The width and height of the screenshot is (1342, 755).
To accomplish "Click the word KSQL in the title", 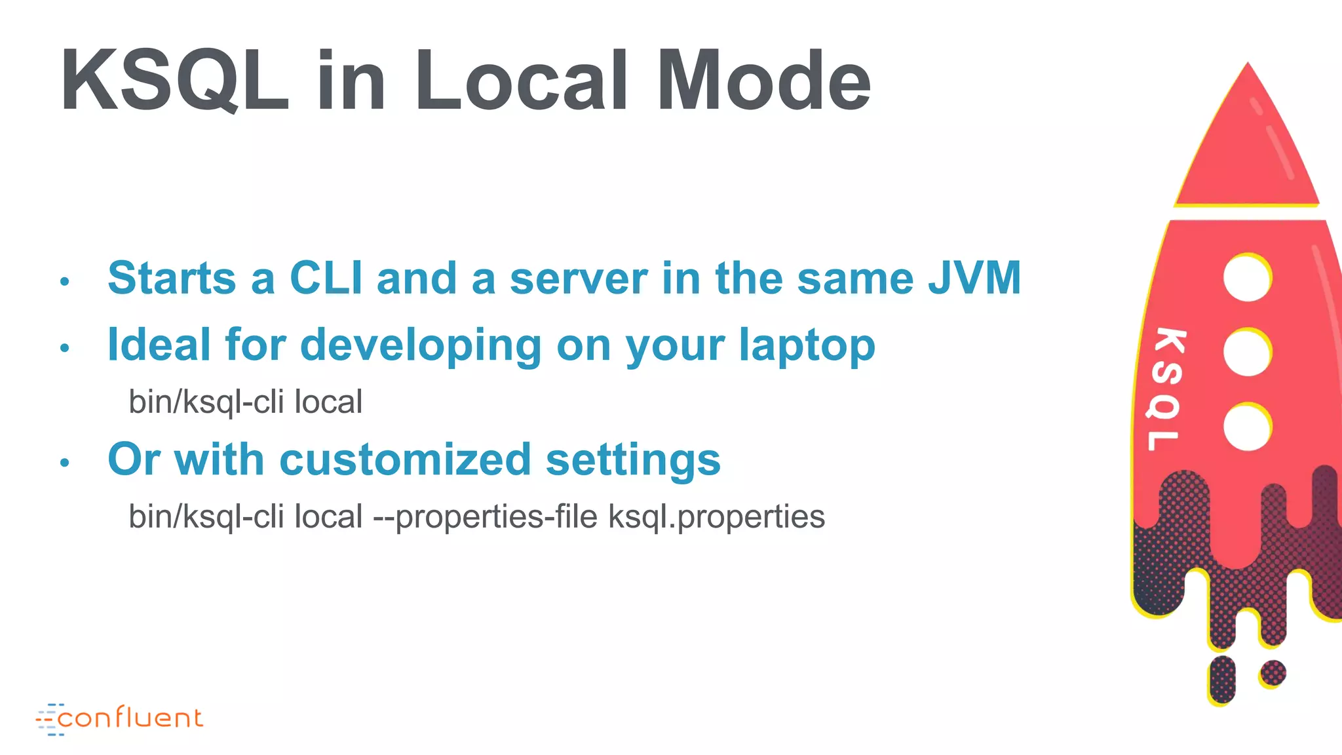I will coord(174,81).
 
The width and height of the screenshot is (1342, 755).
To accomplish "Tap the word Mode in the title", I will coord(764,81).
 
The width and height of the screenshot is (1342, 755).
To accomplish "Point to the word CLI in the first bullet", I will coord(326,278).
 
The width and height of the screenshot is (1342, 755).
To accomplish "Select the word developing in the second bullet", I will coord(421,346).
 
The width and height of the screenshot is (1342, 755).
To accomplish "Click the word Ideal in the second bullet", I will coord(159,345).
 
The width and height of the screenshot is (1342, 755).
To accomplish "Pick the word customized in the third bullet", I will coord(405,459).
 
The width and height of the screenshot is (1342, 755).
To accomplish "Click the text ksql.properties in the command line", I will coord(716,517).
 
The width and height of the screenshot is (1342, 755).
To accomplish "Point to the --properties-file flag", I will coord(485,517).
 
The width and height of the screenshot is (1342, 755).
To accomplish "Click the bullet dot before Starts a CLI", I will coord(64,282).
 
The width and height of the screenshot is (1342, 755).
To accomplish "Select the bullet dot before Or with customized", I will coord(64,463).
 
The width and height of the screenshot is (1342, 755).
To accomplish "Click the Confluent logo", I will coord(120,718).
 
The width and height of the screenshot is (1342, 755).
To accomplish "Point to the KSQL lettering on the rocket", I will coord(1166,389).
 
